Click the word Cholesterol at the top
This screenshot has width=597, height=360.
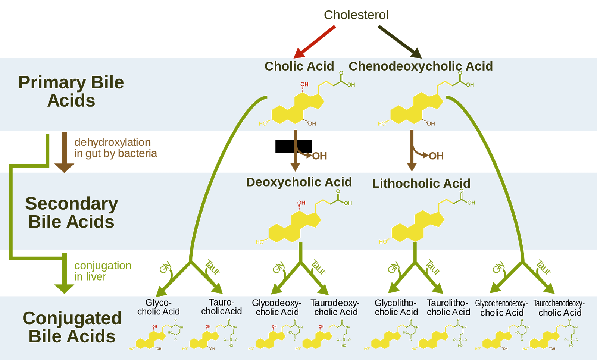(356, 15)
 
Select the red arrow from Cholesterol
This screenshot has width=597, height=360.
(315, 41)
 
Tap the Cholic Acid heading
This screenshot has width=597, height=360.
(299, 66)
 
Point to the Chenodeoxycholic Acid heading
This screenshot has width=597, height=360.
(421, 66)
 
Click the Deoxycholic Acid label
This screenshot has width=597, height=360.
(299, 182)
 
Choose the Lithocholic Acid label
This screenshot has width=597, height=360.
(421, 183)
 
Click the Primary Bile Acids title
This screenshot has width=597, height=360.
(71, 91)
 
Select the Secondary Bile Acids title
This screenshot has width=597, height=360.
(71, 213)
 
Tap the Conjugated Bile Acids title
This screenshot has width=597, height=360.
(72, 327)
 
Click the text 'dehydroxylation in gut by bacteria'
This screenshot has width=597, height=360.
(115, 148)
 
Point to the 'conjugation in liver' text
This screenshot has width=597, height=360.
(103, 271)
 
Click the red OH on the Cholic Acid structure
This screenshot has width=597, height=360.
(304, 85)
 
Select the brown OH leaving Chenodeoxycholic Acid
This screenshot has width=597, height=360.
(436, 156)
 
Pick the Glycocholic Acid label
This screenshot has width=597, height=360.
(158, 307)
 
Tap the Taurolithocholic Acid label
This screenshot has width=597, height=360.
(448, 307)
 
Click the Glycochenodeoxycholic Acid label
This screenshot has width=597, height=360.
(501, 308)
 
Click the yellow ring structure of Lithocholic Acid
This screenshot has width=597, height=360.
(417, 226)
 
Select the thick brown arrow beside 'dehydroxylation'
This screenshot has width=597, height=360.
(64, 151)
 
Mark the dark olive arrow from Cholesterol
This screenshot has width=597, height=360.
(399, 41)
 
